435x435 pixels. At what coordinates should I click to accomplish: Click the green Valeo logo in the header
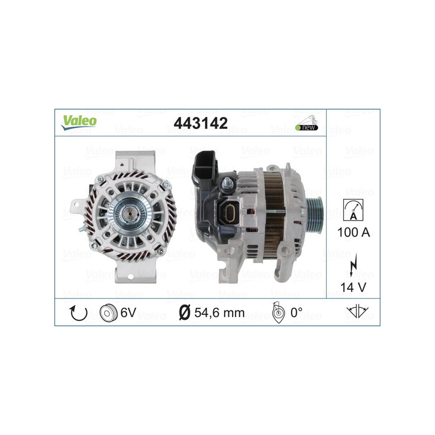pos(79,122)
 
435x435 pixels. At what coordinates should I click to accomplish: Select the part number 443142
pos(200,123)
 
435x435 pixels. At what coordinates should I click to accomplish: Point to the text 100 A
pos(353,232)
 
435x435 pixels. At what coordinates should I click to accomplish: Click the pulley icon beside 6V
pos(109,314)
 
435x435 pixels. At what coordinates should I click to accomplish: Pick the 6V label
pos(128,314)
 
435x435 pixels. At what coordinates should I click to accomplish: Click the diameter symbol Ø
pos(184,314)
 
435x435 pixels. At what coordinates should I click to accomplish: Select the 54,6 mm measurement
pos(219,314)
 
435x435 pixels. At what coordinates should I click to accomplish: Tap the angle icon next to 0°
pos(278,314)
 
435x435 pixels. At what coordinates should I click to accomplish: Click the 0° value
pos(296,314)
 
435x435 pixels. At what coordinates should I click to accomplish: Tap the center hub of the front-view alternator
pos(129,214)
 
